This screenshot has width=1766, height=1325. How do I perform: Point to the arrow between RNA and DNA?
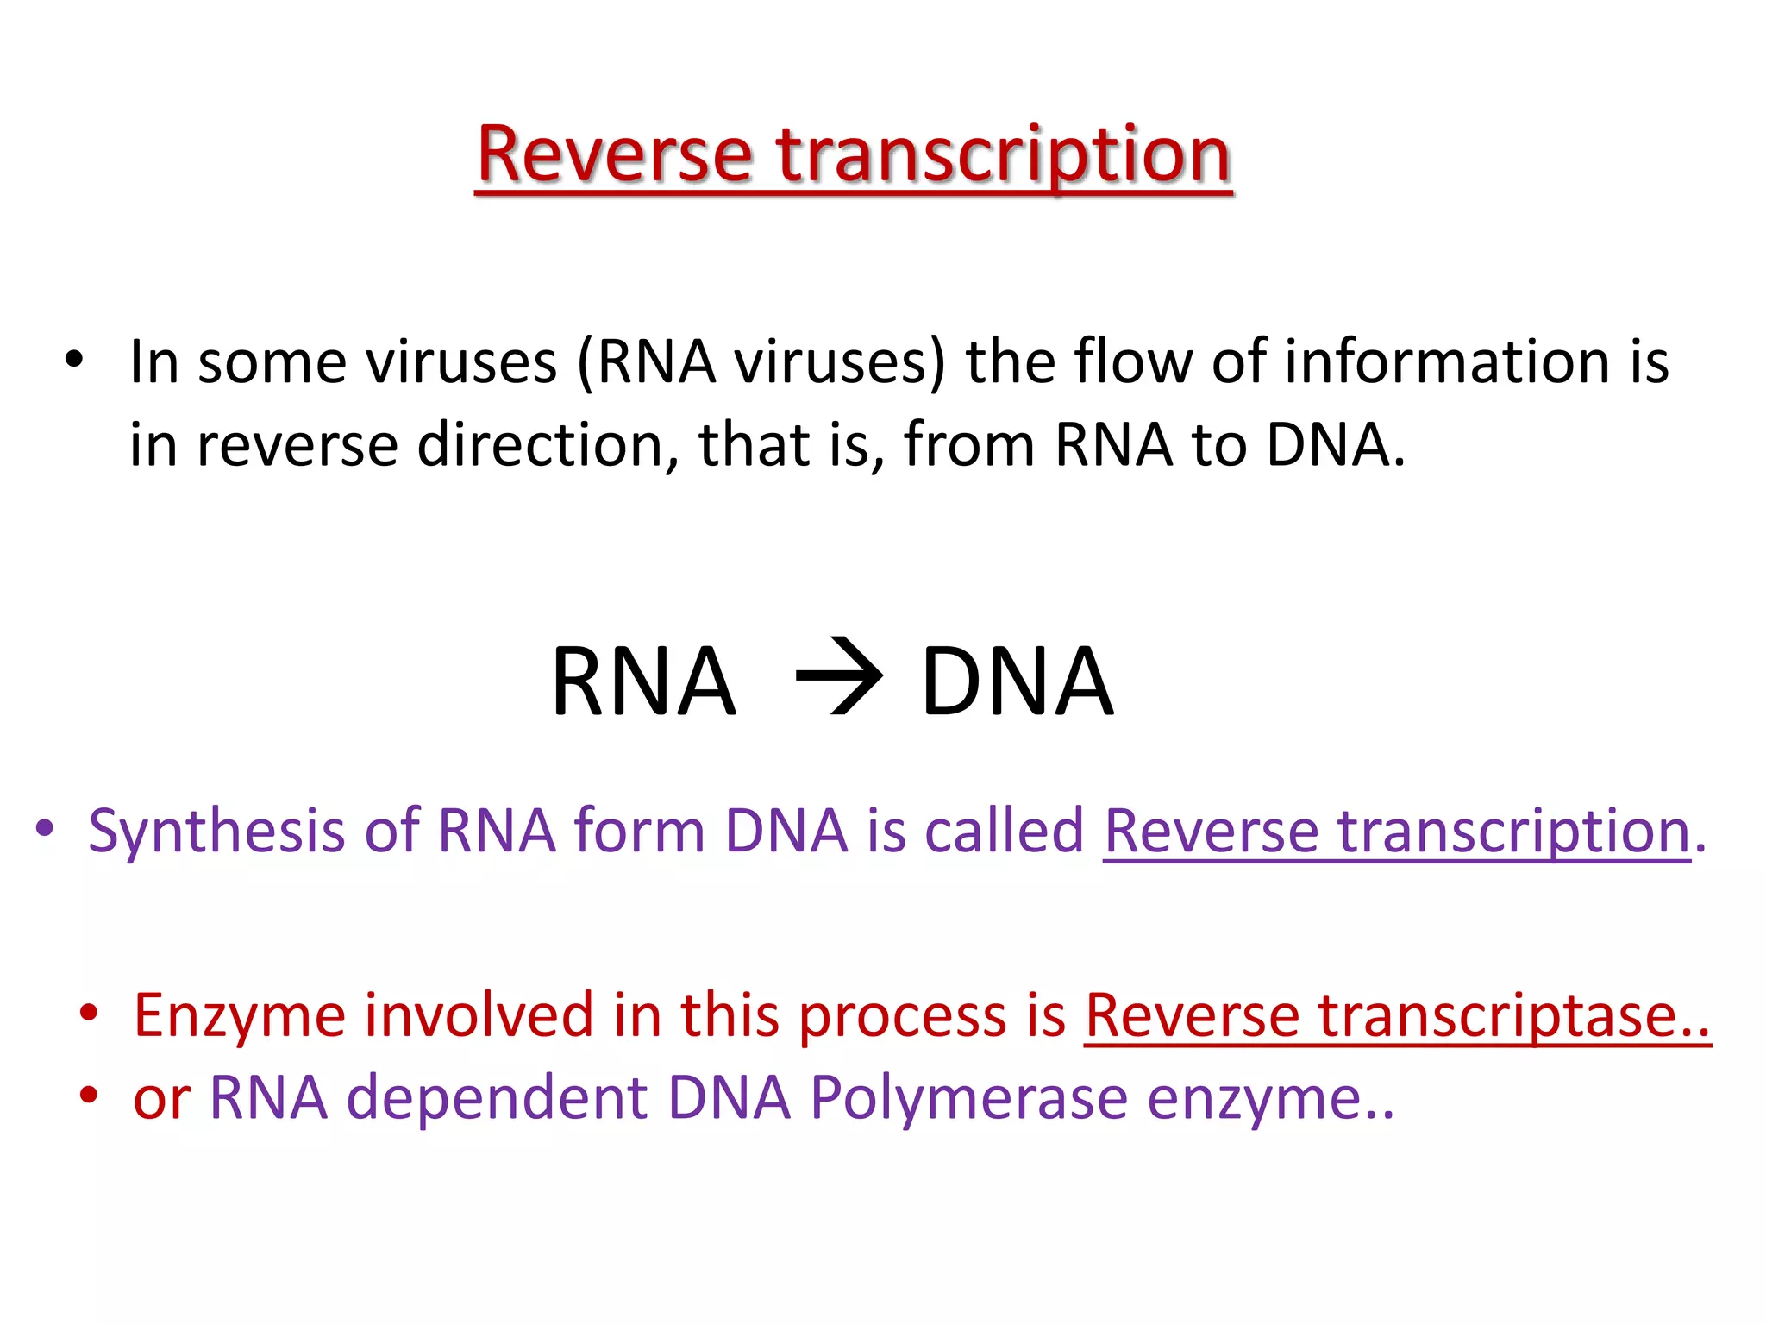click(838, 677)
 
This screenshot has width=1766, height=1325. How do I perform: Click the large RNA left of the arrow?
click(644, 681)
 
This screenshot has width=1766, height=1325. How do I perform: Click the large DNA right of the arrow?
click(1018, 681)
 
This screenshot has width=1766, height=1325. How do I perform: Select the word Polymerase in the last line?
click(968, 1099)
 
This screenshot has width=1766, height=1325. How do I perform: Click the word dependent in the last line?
click(497, 1099)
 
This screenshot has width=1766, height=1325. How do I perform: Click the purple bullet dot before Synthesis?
click(45, 830)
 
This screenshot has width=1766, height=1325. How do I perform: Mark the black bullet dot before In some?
click(74, 361)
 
